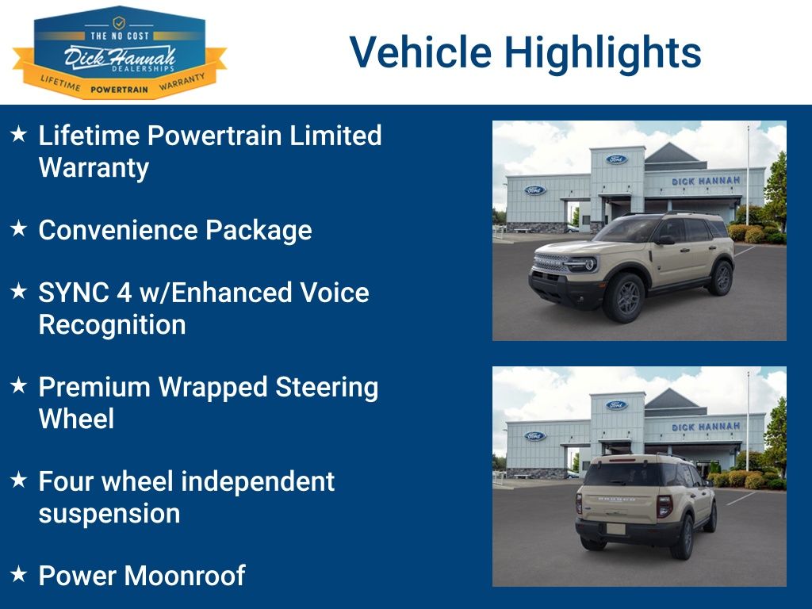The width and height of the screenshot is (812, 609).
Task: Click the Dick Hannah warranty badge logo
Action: [x=119, y=52]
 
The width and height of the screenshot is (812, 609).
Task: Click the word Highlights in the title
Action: [x=603, y=52]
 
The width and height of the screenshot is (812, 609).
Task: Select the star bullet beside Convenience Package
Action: [x=19, y=228]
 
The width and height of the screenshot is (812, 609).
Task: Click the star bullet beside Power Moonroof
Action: [x=19, y=573]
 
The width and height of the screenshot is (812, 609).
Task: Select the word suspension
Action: [x=109, y=514]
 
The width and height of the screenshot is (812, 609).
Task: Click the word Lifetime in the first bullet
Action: [x=90, y=136]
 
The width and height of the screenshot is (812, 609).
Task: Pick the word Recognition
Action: [x=113, y=324]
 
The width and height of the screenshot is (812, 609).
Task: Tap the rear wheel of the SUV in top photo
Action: [x=722, y=278]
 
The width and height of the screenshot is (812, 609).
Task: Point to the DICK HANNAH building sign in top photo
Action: [x=705, y=181]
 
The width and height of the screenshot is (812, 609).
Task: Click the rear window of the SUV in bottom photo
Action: [x=621, y=474]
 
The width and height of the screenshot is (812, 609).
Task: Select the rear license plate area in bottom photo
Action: [x=616, y=528]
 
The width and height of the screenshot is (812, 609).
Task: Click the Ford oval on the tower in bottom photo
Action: [x=616, y=404]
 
